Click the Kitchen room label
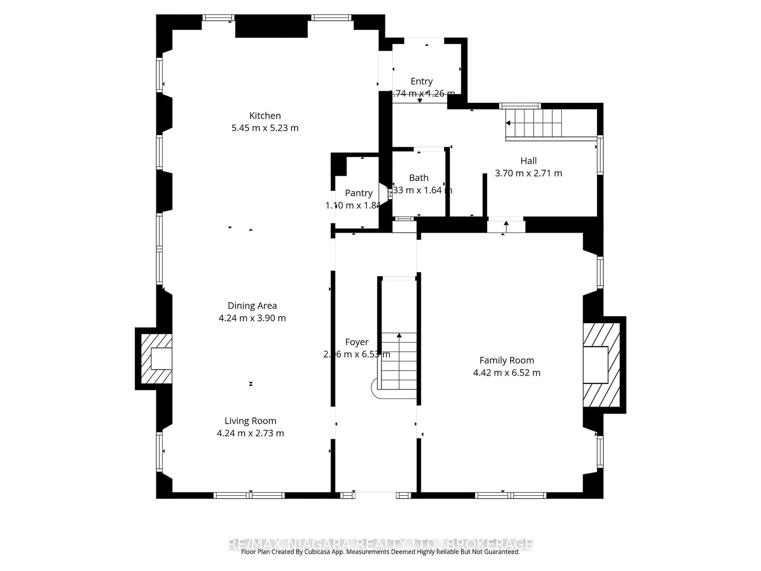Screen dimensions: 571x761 coord(265,116)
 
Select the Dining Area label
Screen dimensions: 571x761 coord(252,306)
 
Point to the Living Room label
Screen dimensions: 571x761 coord(250,421)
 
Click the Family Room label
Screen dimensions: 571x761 coord(507,360)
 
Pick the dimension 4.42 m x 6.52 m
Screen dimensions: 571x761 coord(507,373)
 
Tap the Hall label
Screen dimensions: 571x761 coord(528,161)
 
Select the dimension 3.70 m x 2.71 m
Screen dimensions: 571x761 coord(528,173)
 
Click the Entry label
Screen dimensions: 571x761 coord(422,81)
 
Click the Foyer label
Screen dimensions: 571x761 coord(357,342)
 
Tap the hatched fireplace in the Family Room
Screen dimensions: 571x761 coord(601,365)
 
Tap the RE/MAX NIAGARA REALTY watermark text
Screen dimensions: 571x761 coord(380,544)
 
